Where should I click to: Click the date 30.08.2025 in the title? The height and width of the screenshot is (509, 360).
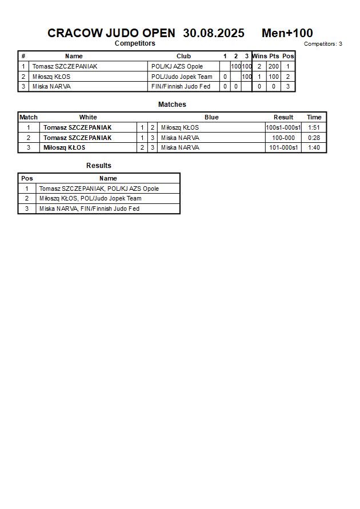pyautogui.click(x=214, y=33)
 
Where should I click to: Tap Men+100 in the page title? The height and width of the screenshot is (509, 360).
pyautogui.click(x=287, y=33)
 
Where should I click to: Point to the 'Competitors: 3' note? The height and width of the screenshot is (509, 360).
pyautogui.click(x=323, y=43)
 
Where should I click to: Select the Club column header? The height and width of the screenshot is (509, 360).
pyautogui.click(x=183, y=56)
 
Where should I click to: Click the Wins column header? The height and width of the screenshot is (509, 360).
pyautogui.click(x=259, y=56)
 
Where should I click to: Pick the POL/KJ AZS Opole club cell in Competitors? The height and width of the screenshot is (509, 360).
pyautogui.click(x=177, y=66)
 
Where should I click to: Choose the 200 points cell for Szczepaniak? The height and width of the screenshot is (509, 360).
pyautogui.click(x=274, y=66)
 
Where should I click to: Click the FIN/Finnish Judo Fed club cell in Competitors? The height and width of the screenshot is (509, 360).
pyautogui.click(x=181, y=87)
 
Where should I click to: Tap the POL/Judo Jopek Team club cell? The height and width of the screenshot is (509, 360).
pyautogui.click(x=182, y=77)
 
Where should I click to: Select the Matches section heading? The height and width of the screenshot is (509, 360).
pyautogui.click(x=172, y=105)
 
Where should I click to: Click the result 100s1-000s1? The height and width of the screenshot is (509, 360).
pyautogui.click(x=283, y=127)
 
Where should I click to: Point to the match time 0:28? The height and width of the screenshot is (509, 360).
pyautogui.click(x=314, y=138)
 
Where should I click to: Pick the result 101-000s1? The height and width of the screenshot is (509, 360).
pyautogui.click(x=283, y=147)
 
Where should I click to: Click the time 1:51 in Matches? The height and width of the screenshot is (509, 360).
pyautogui.click(x=314, y=127)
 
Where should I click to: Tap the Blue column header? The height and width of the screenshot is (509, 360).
pyautogui.click(x=211, y=117)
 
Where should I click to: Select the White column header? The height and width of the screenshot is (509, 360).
pyautogui.click(x=88, y=117)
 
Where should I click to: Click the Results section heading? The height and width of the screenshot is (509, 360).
pyautogui.click(x=99, y=166)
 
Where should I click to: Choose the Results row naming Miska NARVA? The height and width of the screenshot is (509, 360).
pyautogui.click(x=89, y=209)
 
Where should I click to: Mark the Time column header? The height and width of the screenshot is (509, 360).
pyautogui.click(x=314, y=117)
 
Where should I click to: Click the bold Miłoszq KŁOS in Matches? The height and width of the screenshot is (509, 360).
pyautogui.click(x=65, y=147)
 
